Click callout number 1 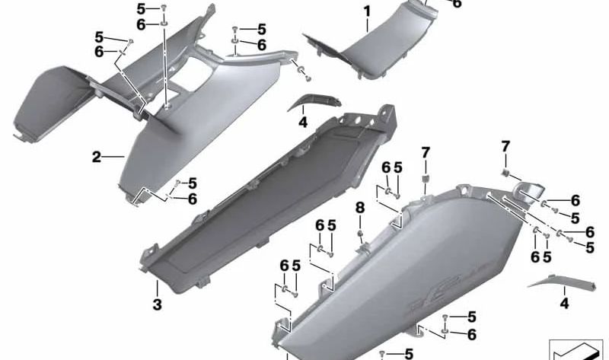pos(366,11)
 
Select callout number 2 pos(97,158)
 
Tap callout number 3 pos(157,305)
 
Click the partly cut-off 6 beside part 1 pos(457,4)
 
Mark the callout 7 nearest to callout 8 pos(426,153)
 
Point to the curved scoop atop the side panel pos(527,192)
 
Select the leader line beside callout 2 pos(114,158)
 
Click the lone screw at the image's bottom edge pos(385,353)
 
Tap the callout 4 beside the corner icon pos(564,304)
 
